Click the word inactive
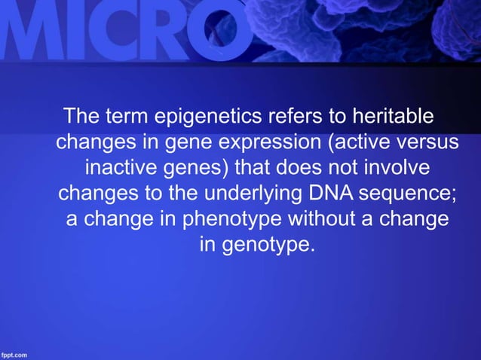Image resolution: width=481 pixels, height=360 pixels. (123, 167)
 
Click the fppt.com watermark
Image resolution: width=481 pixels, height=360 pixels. (16, 353)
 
